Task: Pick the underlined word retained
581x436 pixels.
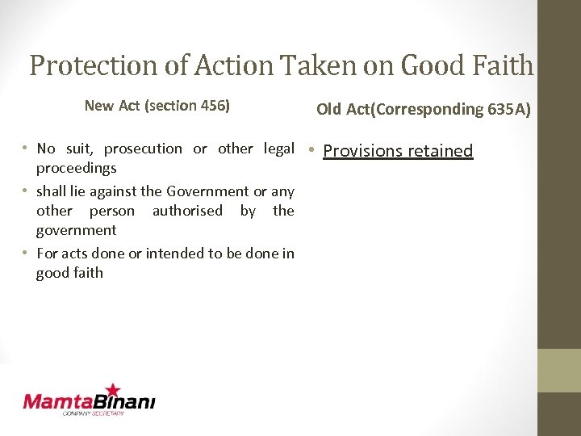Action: pyautogui.click(x=440, y=151)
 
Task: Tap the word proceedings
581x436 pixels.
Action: pyautogui.click(x=77, y=168)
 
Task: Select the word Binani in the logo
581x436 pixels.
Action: pyautogui.click(x=126, y=401)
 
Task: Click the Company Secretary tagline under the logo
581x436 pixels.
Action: pyautogui.click(x=94, y=413)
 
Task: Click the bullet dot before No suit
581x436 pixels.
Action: pyautogui.click(x=27, y=148)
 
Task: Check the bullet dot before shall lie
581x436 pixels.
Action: pyautogui.click(x=27, y=191)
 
